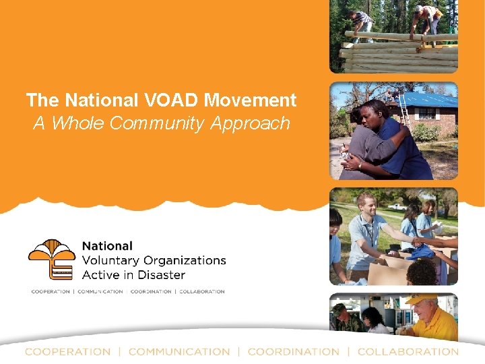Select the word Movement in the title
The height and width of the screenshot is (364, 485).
(x=250, y=100)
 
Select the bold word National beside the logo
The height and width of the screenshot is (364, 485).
(x=107, y=246)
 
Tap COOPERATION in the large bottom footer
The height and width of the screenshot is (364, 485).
(x=67, y=352)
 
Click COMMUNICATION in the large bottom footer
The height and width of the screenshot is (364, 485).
(x=179, y=352)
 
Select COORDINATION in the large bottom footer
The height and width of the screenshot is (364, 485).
(x=293, y=352)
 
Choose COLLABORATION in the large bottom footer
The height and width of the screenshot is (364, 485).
(x=408, y=352)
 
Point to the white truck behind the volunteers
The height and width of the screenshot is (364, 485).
(x=397, y=206)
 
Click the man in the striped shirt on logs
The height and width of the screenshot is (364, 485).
(x=362, y=24)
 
